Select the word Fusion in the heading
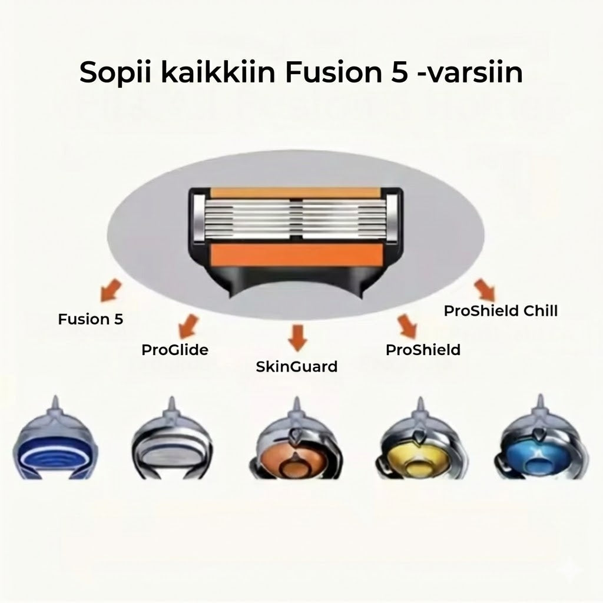coord(333,71)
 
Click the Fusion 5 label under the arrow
coord(90,319)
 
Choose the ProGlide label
coord(175,350)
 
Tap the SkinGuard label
coord(297,367)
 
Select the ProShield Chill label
coord(501,311)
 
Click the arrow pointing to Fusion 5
coord(111,290)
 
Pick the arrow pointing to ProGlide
coord(189,326)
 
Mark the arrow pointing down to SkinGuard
coord(297,337)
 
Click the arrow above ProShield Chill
coord(485,290)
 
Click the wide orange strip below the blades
coord(297,256)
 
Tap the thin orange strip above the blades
coord(296,193)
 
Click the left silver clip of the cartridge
coord(199,218)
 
